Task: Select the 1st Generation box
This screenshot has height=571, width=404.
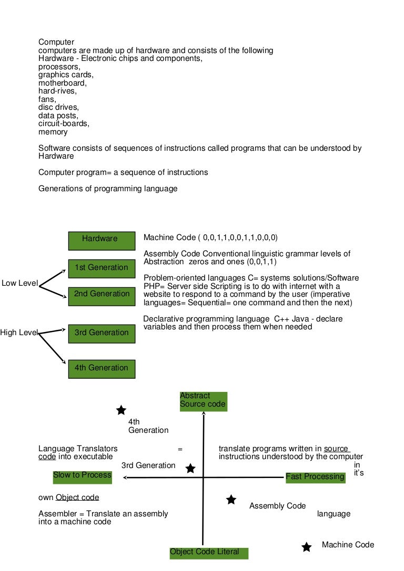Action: point(102,268)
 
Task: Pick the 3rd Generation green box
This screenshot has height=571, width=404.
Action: point(102,333)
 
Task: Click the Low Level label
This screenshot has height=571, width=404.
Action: point(19,284)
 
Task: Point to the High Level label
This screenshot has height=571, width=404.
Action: point(19,333)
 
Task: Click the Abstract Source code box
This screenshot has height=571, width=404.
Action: point(203,400)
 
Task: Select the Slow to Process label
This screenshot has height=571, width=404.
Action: point(83,475)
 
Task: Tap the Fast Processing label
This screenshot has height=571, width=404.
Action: point(315,477)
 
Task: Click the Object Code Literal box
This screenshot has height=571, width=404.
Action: point(208,552)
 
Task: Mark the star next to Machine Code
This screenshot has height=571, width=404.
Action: point(307,547)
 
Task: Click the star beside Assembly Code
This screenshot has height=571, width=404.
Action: point(231,500)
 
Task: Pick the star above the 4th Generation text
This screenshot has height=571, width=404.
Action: point(121,410)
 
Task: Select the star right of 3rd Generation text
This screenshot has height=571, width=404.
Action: point(190,468)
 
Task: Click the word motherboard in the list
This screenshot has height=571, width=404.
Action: point(62,83)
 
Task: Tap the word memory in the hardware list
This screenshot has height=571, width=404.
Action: point(53,132)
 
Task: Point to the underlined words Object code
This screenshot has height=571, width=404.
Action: point(77,497)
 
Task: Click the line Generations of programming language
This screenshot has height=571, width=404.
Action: point(108,189)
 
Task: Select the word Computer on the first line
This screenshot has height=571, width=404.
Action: point(56,42)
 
